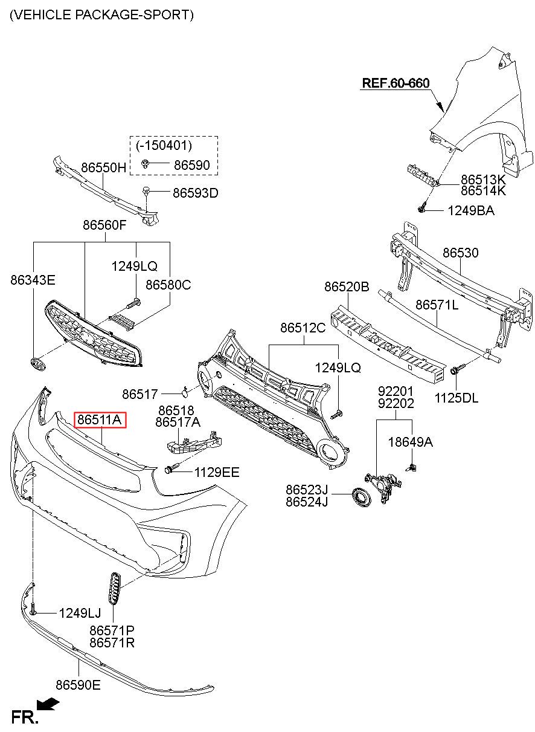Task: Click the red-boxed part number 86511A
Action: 100,419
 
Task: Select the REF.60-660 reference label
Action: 396,83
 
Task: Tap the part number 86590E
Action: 78,685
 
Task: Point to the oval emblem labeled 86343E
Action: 38,364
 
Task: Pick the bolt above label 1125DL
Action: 455,371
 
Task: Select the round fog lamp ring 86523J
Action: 361,497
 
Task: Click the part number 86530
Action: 460,253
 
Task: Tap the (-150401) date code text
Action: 164,145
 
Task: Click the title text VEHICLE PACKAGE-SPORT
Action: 101,15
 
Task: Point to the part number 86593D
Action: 195,193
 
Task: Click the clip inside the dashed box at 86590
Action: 145,163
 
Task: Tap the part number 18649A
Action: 411,442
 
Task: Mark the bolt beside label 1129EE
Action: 170,468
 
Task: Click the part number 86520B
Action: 347,287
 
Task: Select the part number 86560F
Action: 104,225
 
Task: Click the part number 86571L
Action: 437,305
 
